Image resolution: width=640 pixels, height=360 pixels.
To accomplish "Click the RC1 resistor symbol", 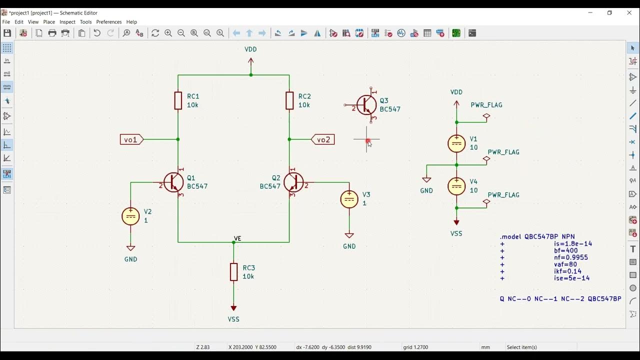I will tap(178, 100).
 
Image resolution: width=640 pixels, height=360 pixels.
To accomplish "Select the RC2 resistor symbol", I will tap(289, 100).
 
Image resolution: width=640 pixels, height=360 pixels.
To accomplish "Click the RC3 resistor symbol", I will tap(233, 272).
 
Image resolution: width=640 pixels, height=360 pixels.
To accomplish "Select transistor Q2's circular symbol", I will tap(293, 182).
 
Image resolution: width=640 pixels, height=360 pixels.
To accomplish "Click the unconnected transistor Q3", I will tap(366, 105).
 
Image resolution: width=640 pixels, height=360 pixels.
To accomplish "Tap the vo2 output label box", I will tap(323, 139).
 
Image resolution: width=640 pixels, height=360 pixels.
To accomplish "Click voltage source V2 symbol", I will tap(131, 216).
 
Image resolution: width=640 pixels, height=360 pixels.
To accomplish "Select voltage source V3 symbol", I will tap(349, 199).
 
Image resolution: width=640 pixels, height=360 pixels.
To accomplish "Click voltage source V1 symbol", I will tap(456, 143).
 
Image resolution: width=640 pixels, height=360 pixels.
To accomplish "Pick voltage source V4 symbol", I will tap(456, 186).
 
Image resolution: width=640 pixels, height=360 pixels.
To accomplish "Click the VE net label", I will tap(237, 238).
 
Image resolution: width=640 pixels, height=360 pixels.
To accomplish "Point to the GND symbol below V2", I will tap(131, 248).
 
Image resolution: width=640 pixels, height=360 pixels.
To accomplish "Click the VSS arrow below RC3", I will tap(233, 308).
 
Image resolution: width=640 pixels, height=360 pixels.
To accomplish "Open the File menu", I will tap(6, 22).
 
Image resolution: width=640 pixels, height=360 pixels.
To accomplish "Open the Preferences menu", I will tap(108, 22).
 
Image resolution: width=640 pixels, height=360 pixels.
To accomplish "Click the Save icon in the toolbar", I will tap(7, 33).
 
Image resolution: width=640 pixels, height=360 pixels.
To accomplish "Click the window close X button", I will tap(629, 12).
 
